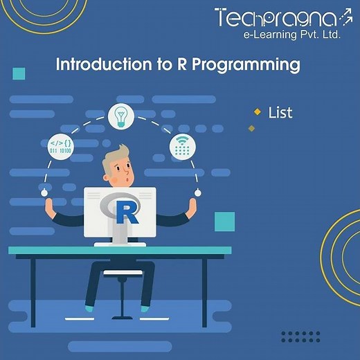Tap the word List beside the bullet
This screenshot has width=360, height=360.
(x=280, y=111)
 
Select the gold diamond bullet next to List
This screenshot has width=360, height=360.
(x=258, y=111)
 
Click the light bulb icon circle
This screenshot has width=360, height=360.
(x=121, y=115)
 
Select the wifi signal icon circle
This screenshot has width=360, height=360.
(x=183, y=145)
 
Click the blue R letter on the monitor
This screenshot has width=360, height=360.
(x=126, y=212)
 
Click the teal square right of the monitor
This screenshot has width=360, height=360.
(x=224, y=221)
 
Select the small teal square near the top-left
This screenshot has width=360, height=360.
(x=19, y=73)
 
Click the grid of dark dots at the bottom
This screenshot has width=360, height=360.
(x=300, y=336)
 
